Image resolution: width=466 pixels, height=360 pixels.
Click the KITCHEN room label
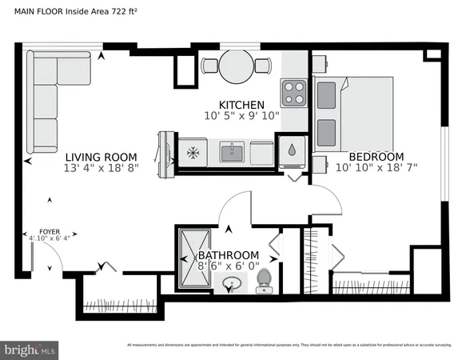(241, 105)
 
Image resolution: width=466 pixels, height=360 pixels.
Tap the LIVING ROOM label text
(101, 157)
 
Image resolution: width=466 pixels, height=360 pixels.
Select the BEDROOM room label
(375, 157)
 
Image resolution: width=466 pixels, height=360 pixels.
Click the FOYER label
(39, 230)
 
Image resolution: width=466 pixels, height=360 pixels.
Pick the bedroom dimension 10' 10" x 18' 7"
(376, 168)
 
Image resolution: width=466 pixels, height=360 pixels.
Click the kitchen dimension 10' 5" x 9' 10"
(241, 116)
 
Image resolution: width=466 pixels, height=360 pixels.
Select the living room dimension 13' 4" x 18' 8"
(101, 168)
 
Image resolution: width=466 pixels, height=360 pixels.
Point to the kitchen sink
(233, 151)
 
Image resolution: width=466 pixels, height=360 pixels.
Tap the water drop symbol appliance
(292, 150)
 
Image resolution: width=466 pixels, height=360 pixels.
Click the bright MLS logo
(30, 350)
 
